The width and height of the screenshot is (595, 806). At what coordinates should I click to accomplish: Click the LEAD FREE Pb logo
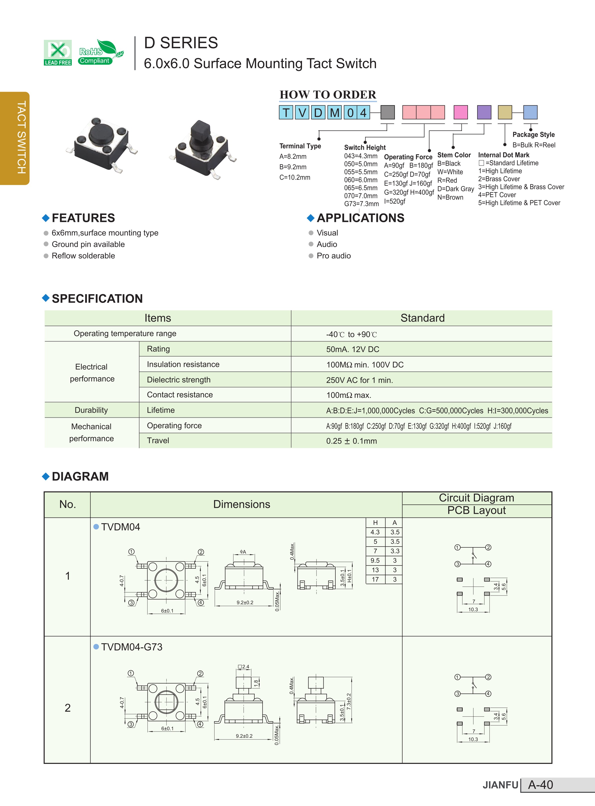58,53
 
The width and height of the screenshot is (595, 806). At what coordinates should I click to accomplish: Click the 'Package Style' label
533,135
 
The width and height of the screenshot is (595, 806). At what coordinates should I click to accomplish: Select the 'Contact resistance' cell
180,395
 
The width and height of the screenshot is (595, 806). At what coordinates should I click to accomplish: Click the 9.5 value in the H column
375,560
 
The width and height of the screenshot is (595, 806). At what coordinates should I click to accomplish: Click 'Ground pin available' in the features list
88,244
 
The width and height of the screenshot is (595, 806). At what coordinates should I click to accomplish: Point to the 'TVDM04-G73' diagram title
132,647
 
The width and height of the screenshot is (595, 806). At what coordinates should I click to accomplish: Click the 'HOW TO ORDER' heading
328,95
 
